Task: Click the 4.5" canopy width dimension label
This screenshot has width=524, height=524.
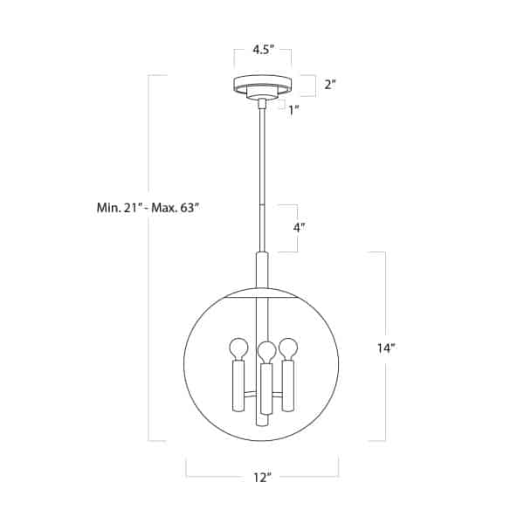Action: (x=263, y=50)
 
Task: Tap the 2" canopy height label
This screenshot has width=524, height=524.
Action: (x=330, y=85)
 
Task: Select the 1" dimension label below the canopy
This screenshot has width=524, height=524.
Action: (x=293, y=110)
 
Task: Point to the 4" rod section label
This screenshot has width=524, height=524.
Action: (x=300, y=228)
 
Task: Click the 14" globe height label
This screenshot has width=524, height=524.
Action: (x=387, y=348)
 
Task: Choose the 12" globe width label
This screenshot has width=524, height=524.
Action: (x=262, y=478)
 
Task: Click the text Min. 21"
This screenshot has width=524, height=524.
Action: (x=118, y=208)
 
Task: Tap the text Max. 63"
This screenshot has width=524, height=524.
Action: (x=176, y=208)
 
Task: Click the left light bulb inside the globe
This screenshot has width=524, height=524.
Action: (x=238, y=349)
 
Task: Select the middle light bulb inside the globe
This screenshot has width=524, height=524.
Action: (x=266, y=353)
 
